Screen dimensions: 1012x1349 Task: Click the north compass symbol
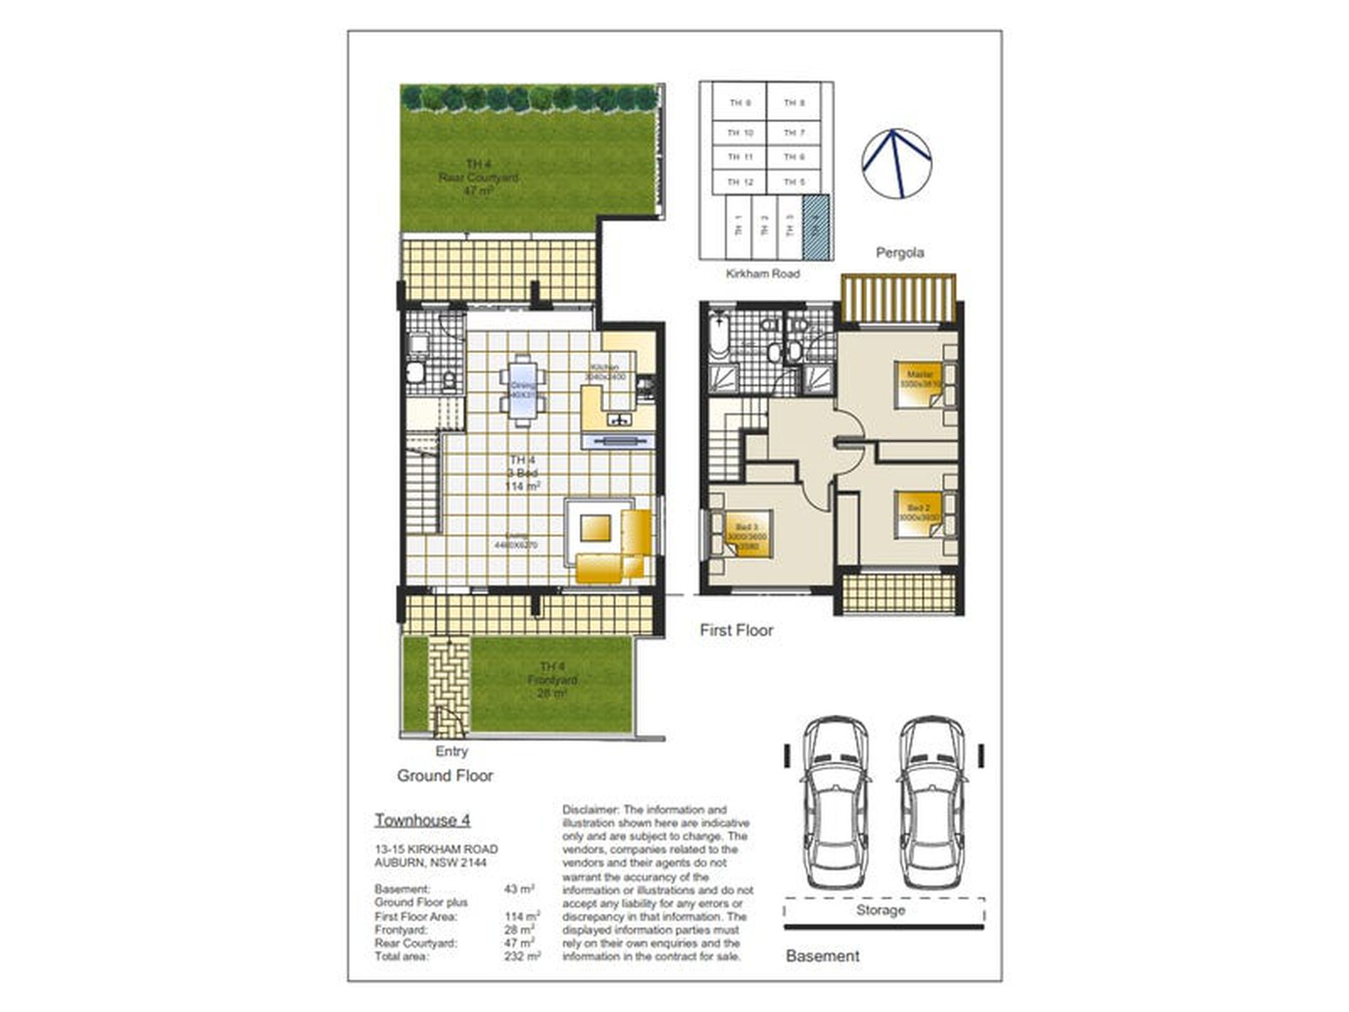coord(896,164)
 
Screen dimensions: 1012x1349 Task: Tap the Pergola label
coord(900,253)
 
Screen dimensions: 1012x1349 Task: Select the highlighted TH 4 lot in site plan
coord(815,227)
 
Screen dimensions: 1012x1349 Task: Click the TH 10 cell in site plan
coord(740,133)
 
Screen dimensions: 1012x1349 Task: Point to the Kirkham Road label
coord(763,274)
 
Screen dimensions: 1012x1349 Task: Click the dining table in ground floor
coord(523,391)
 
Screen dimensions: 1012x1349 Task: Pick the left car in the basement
coord(836,802)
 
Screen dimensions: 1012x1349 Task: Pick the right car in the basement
coord(931,802)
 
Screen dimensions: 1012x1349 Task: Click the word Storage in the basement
coord(880,910)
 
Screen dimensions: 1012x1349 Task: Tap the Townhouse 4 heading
coord(422,820)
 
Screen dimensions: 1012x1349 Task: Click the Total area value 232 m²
coord(522,957)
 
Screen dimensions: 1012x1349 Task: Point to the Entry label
coord(452,751)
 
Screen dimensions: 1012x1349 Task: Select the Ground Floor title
coord(444,776)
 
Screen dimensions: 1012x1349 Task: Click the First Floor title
coord(736,631)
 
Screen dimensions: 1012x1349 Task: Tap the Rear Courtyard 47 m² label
coord(479,178)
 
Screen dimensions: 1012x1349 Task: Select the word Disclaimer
coord(590,810)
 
